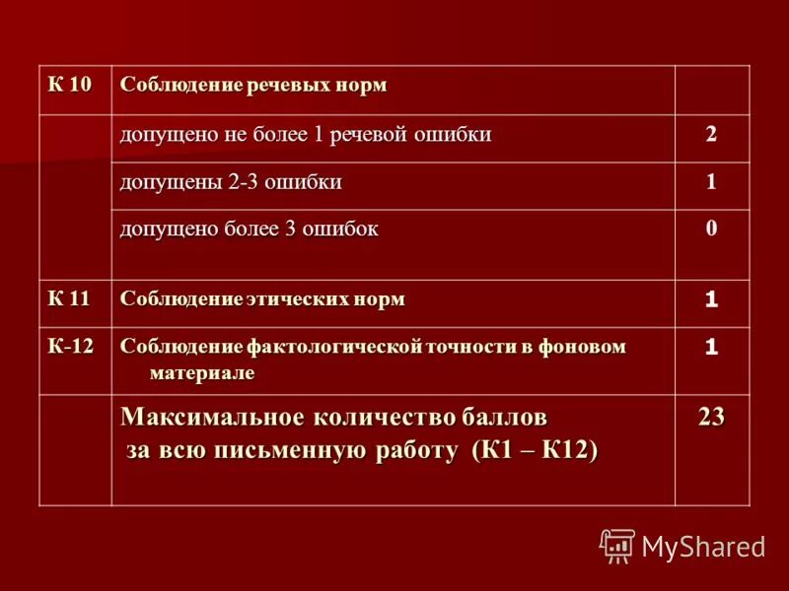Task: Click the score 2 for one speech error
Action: click(x=711, y=135)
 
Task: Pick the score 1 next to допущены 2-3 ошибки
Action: click(x=711, y=182)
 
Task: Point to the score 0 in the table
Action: click(x=711, y=230)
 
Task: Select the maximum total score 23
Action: click(x=711, y=418)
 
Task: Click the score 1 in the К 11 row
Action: click(x=711, y=298)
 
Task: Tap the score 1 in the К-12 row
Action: click(x=711, y=347)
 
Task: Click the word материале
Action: click(x=201, y=372)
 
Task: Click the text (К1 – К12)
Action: click(x=535, y=450)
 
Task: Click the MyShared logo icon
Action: click(x=617, y=545)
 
